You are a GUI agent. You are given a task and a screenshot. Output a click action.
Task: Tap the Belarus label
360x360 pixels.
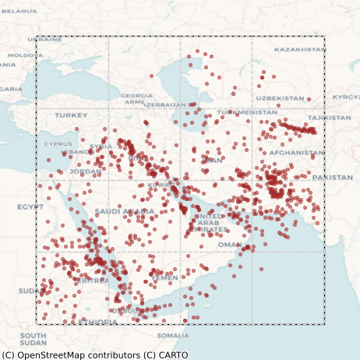[18, 11]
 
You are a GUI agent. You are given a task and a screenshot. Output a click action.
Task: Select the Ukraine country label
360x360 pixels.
[44, 39]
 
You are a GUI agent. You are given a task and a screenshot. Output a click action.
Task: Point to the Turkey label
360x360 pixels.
[71, 115]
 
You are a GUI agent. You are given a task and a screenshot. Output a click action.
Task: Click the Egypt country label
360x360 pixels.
[30, 206]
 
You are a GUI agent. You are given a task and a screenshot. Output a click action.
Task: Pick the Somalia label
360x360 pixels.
[172, 335]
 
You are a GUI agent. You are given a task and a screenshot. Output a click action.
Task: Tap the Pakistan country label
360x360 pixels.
[333, 178]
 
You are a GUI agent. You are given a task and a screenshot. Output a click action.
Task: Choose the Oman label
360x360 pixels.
[229, 244]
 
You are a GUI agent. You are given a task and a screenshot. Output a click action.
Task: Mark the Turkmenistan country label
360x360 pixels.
[246, 112]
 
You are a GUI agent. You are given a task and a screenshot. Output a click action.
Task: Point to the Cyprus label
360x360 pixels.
[58, 143]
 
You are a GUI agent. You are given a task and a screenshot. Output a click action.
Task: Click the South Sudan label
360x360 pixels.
[33, 339]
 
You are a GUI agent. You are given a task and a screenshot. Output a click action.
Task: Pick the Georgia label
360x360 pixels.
[136, 96]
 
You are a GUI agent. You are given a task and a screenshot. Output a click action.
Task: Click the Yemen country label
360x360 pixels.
[164, 277]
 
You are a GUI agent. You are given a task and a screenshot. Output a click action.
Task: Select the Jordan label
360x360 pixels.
[85, 171]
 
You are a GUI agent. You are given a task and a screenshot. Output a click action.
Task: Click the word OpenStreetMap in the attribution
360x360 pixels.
[49, 355]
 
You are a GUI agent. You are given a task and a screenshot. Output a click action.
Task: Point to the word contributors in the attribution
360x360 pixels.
[113, 355]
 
